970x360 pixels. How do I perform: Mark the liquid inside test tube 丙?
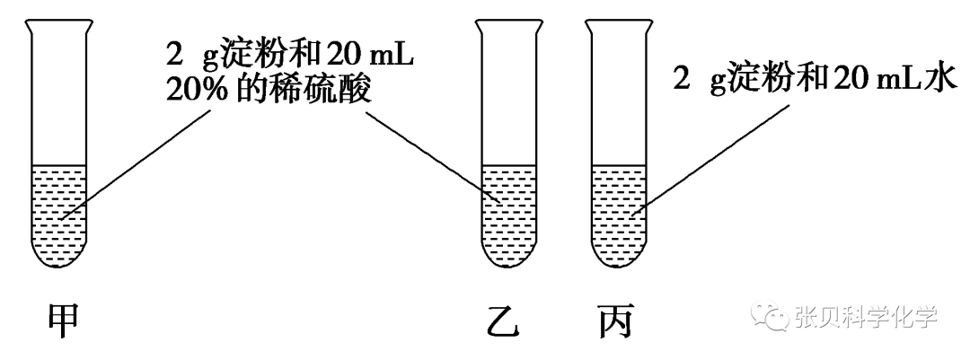click(x=618, y=215)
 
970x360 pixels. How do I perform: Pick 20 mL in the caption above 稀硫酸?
click(x=369, y=52)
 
